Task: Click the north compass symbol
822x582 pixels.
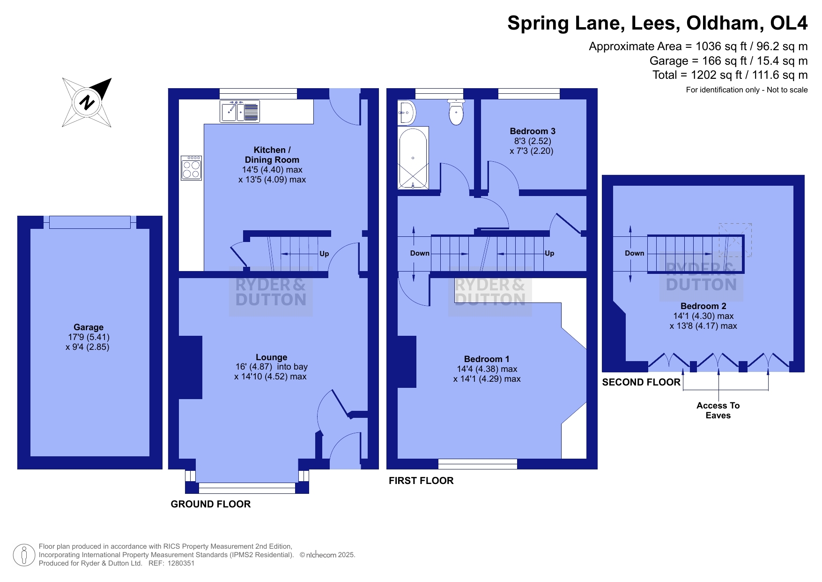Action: [87, 102]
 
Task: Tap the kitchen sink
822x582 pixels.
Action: [240, 112]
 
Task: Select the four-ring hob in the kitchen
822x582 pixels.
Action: [192, 168]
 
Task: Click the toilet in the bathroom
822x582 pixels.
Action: [456, 112]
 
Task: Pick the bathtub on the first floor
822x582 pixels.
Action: [413, 158]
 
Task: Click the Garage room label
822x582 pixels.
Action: [89, 327]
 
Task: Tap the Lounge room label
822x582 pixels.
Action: [272, 357]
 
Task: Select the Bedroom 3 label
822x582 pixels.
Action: [533, 131]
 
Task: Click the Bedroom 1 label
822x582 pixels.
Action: [487, 359]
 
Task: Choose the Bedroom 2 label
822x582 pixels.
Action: [704, 306]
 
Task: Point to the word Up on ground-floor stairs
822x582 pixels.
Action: [324, 254]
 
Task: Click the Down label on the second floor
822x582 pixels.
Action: [635, 253]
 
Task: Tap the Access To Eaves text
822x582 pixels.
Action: [718, 410]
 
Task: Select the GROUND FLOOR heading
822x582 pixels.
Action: [211, 504]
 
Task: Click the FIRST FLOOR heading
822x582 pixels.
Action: [421, 481]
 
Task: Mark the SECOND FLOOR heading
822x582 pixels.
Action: [641, 382]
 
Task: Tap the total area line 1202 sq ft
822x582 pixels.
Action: [730, 75]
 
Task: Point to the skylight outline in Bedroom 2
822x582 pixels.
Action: [735, 240]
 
